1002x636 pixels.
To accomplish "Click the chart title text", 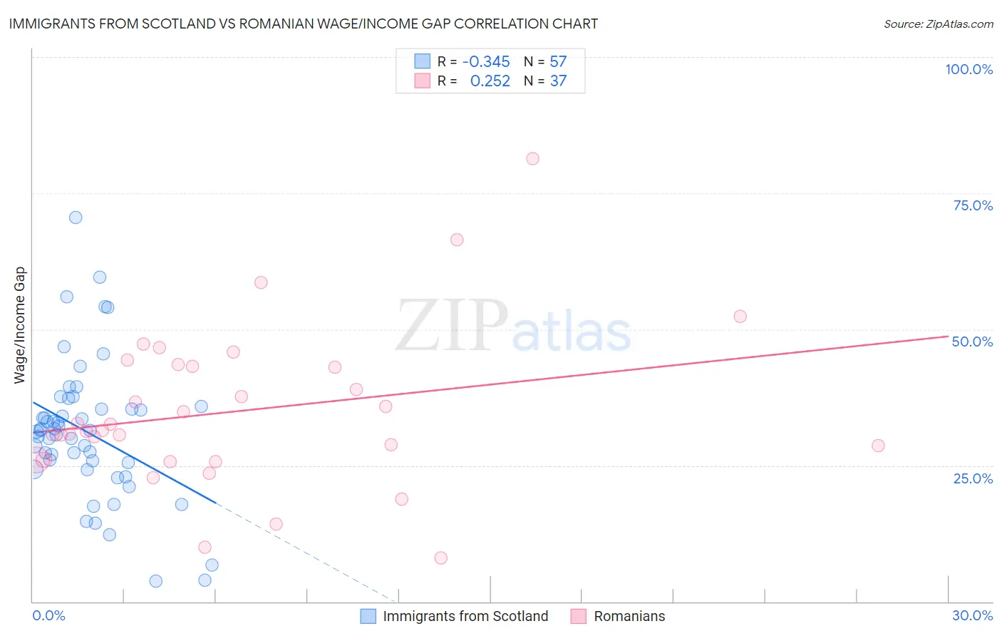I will click(303, 24).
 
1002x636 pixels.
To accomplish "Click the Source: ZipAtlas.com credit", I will click(938, 24).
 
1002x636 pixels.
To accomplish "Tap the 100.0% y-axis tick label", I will click(969, 69).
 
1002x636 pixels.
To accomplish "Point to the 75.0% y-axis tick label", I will click(973, 205).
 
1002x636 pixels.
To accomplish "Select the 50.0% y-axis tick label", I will click(972, 342).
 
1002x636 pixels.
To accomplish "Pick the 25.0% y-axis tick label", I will click(973, 478).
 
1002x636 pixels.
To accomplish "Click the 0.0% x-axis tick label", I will click(48, 615).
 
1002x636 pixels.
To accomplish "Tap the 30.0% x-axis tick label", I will click(972, 615).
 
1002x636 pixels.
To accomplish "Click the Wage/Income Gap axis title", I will click(20, 325).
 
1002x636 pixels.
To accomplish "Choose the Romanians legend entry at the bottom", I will click(629, 616).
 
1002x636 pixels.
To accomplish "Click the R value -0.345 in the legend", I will click(486, 62).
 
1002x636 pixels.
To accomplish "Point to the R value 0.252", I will click(490, 81).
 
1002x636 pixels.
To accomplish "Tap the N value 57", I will click(558, 62).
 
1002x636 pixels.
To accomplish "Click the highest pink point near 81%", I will click(532, 158).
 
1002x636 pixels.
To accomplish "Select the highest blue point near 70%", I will click(76, 217).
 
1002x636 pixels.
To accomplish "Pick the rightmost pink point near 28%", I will click(878, 446).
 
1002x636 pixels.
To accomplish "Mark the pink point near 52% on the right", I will click(740, 317).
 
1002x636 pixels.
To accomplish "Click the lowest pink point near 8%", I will click(440, 558).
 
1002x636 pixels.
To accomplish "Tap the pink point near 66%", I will click(457, 240).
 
